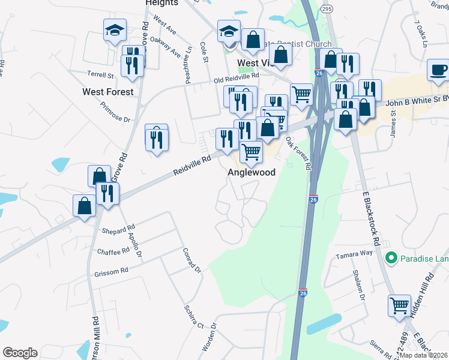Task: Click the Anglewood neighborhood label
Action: coord(251,172)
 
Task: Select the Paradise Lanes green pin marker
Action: coord(391,258)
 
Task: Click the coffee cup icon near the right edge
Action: coord(438,70)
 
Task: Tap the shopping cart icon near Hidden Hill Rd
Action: coord(399,305)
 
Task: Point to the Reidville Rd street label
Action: coord(192,163)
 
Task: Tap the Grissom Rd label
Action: coord(111,271)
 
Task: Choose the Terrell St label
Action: coord(101,76)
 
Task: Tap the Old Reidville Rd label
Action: coord(237,77)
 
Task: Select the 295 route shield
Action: coord(326,10)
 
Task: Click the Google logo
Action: coord(20,353)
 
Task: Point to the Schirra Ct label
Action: coord(194,316)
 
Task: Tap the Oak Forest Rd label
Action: coord(298,152)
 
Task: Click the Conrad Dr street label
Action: coord(191,259)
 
